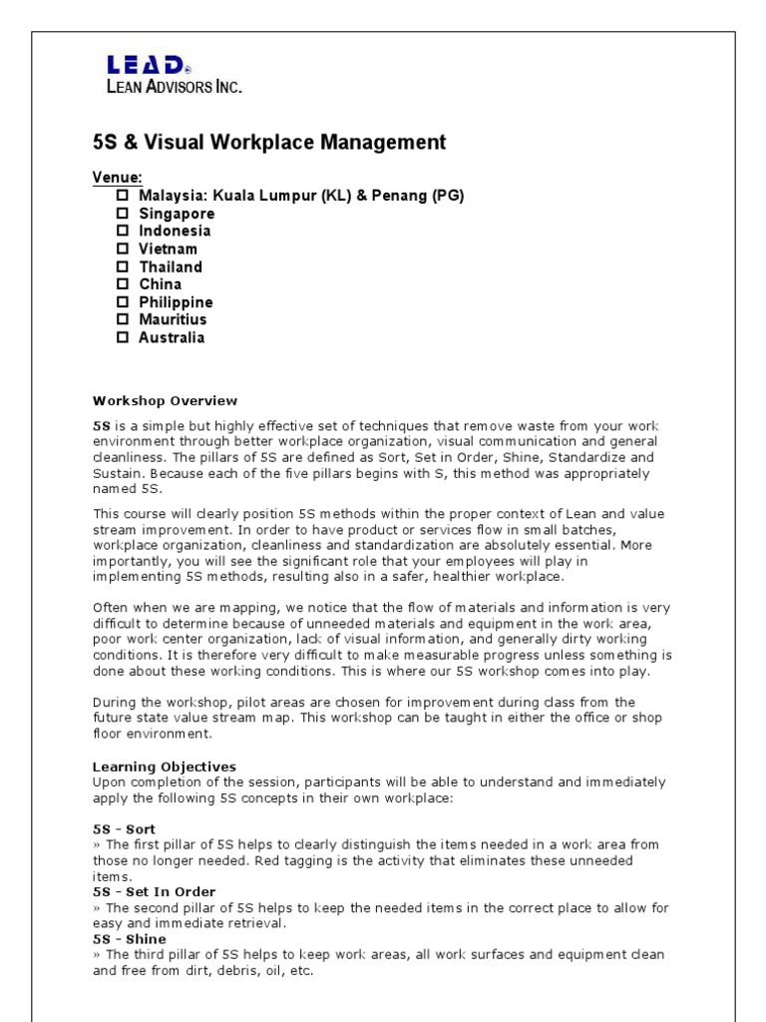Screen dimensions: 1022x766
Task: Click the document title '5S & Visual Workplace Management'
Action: coord(269,143)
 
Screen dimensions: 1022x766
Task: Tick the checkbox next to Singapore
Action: coord(123,214)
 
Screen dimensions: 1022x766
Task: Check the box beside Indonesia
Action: coord(123,231)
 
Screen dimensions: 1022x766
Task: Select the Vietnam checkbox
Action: coord(123,249)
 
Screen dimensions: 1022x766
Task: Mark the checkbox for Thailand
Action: coord(123,266)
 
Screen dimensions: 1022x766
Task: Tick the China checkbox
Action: coord(123,284)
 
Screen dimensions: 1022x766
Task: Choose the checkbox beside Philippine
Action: coord(123,301)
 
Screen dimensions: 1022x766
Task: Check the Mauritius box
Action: coord(123,319)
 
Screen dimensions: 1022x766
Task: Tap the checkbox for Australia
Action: coord(123,337)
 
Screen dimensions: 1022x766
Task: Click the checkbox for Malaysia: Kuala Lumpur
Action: coord(123,196)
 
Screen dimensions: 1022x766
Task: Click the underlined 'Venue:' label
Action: coord(118,178)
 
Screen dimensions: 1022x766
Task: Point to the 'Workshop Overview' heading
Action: coord(166,401)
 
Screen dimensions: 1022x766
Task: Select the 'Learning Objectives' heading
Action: coord(165,766)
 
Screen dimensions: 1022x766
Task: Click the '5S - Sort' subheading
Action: coord(124,829)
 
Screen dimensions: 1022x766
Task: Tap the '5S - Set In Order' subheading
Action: coord(154,891)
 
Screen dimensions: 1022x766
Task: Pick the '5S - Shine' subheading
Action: coord(130,939)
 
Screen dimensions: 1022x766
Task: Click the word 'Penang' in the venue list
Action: coord(401,196)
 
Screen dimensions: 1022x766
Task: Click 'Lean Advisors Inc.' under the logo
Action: coord(175,87)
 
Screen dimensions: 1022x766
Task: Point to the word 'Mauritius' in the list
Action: coord(173,319)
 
